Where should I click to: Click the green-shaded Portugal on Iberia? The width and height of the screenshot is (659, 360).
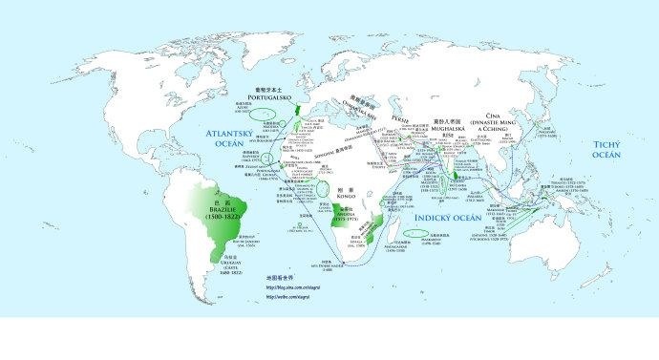pyautogui.click(x=295, y=111)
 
